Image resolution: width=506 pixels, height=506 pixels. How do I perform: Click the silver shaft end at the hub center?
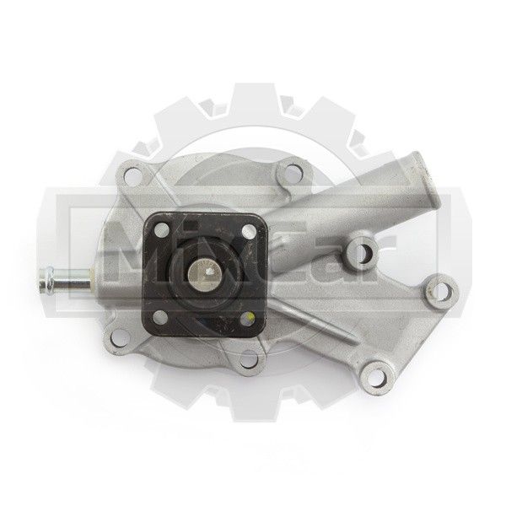click(x=202, y=273)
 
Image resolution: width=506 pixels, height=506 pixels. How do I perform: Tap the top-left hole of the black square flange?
click(x=162, y=229)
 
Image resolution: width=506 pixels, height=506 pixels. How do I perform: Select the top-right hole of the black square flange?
click(x=248, y=230)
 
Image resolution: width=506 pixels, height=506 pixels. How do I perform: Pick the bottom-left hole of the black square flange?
click(x=160, y=317)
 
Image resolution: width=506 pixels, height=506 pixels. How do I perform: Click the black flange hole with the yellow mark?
click(x=247, y=319)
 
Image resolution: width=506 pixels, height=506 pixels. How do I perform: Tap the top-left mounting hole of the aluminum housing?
click(x=132, y=176)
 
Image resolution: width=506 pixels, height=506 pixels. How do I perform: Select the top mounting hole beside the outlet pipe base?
click(x=293, y=172)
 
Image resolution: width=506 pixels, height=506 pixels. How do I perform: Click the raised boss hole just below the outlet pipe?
click(x=364, y=250)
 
